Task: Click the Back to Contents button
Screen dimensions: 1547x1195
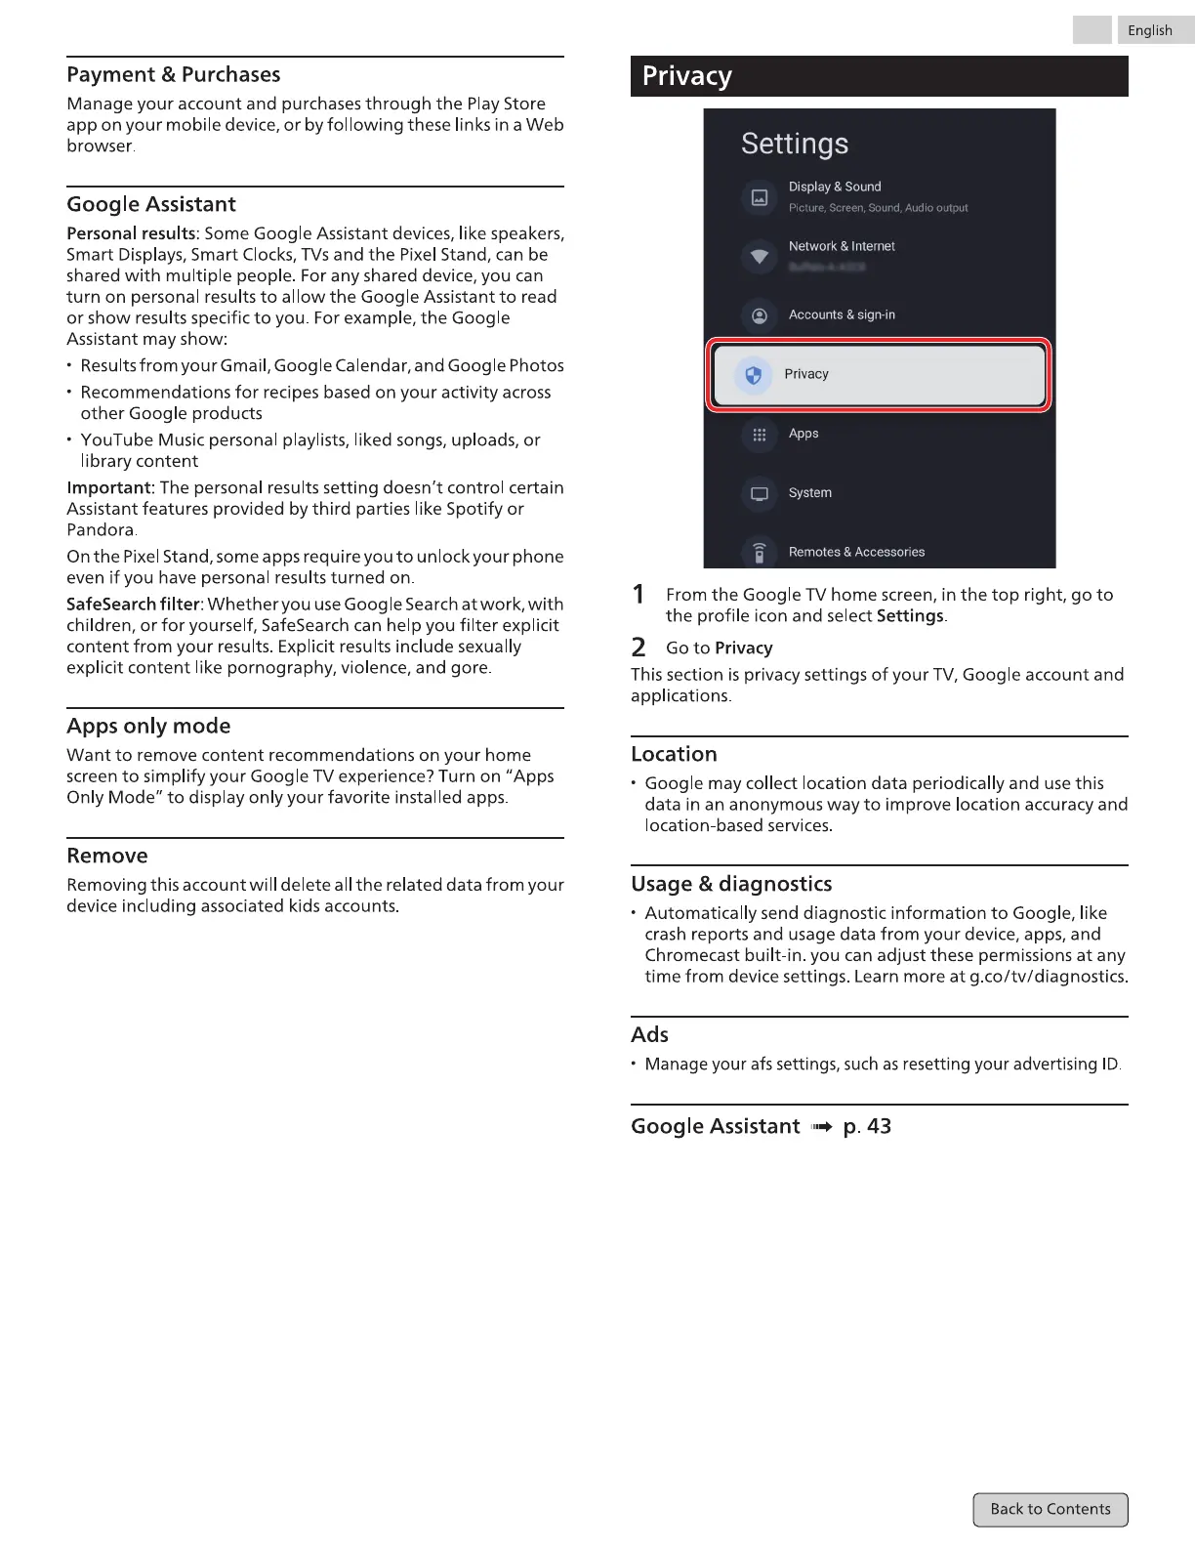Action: (1051, 1509)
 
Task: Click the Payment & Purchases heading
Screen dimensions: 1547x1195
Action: (174, 75)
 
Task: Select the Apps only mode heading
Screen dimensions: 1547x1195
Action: (148, 726)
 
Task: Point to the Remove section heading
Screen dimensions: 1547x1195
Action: (107, 856)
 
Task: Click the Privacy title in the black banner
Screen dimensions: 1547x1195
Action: (687, 76)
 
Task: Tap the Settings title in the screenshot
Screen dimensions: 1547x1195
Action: (795, 144)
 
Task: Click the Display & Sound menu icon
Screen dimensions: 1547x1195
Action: (760, 197)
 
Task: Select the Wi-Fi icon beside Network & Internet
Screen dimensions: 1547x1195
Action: (760, 257)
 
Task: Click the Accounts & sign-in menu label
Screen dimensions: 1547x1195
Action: (842, 314)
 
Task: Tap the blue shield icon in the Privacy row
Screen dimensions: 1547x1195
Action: (753, 375)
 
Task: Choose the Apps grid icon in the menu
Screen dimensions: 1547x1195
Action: (760, 435)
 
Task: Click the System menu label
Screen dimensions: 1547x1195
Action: (810, 493)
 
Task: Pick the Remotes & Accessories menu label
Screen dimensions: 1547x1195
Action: (856, 552)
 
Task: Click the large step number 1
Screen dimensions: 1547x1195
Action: (639, 594)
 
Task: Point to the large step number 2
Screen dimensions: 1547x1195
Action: (639, 647)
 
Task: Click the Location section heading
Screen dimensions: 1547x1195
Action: (674, 754)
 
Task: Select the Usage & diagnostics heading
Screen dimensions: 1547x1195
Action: (731, 884)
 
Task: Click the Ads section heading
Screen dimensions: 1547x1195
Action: (649, 1034)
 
